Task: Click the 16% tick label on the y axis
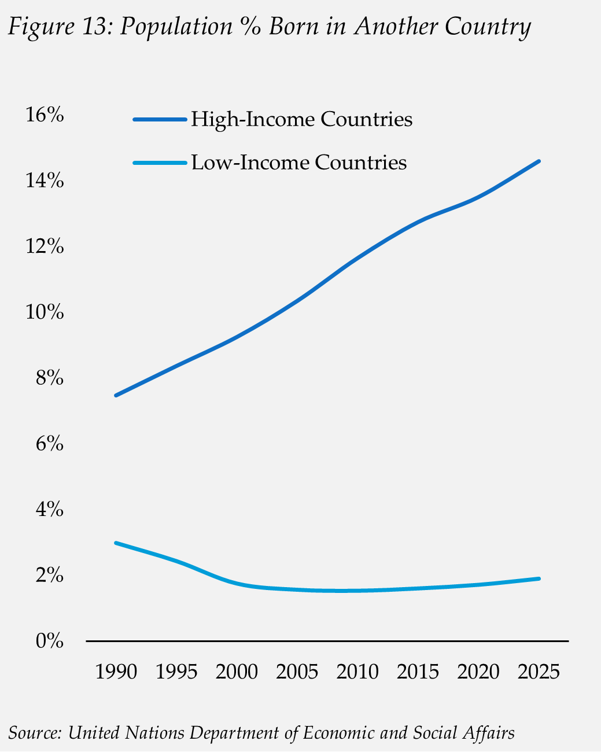coord(44,115)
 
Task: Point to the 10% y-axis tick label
coord(44,312)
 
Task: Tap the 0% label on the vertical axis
coord(49,641)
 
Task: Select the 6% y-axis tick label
coord(49,444)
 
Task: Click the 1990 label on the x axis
coord(116,672)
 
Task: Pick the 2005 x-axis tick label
coord(297,672)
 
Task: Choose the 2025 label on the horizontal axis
coord(539,672)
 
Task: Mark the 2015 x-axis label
coord(418,672)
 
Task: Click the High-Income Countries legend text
coord(301,119)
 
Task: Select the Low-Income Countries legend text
coord(298,162)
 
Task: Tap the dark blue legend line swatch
coord(160,120)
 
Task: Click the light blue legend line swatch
coord(160,163)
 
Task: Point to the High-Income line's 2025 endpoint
coord(539,161)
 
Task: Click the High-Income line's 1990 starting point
coord(116,396)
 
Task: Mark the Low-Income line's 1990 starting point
coord(116,543)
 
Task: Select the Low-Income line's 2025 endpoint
coord(539,578)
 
